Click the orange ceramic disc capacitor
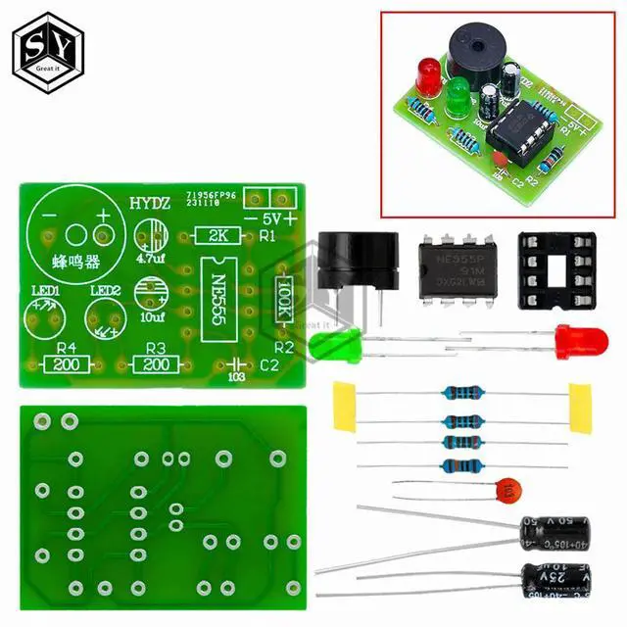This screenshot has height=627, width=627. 506,489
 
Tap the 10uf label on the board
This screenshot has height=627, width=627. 152,317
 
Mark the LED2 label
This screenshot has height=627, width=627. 106,291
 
